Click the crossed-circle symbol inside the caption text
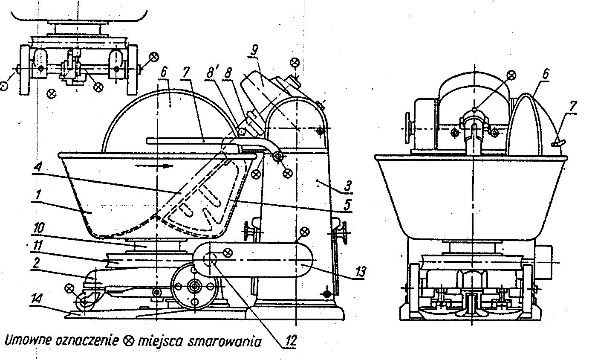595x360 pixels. point(128,341)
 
